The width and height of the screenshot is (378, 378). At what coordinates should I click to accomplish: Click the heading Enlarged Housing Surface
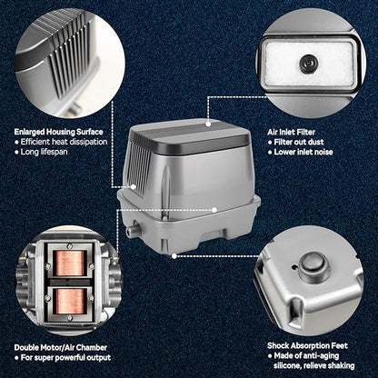tap(58, 132)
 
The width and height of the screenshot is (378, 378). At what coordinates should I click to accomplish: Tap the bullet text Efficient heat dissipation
tap(64, 142)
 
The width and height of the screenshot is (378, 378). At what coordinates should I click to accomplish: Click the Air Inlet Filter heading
tap(291, 132)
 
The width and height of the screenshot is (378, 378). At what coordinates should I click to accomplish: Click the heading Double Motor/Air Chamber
tap(61, 347)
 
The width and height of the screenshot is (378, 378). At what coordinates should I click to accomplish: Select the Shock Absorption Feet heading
tap(307, 345)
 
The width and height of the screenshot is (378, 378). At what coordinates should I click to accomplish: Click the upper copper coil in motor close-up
tap(69, 263)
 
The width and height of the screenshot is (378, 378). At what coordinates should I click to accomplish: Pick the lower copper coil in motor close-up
tap(69, 301)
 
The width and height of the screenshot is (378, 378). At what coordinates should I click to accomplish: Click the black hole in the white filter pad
tap(307, 64)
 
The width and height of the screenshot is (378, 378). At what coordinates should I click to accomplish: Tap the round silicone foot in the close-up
tap(314, 265)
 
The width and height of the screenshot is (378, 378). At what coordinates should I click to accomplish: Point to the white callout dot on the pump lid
tap(208, 124)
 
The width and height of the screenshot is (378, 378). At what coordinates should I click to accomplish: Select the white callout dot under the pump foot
tap(174, 256)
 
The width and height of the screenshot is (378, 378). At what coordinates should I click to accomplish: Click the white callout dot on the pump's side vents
tap(134, 187)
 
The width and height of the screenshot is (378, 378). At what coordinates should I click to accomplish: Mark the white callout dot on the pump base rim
tap(214, 210)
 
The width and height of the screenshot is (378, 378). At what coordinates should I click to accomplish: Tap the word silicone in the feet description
tap(287, 365)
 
